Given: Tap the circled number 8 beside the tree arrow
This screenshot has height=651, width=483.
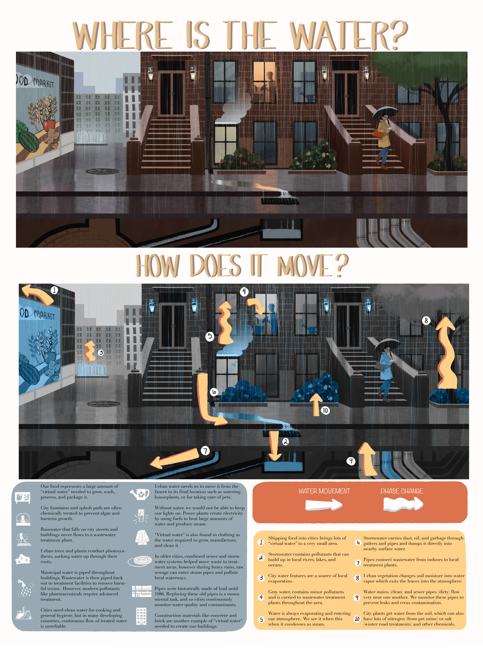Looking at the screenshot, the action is pos(426,321).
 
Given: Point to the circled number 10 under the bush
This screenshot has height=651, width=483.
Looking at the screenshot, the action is pos(325,411).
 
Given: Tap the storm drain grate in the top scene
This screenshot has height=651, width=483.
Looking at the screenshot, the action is pos(280,201).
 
